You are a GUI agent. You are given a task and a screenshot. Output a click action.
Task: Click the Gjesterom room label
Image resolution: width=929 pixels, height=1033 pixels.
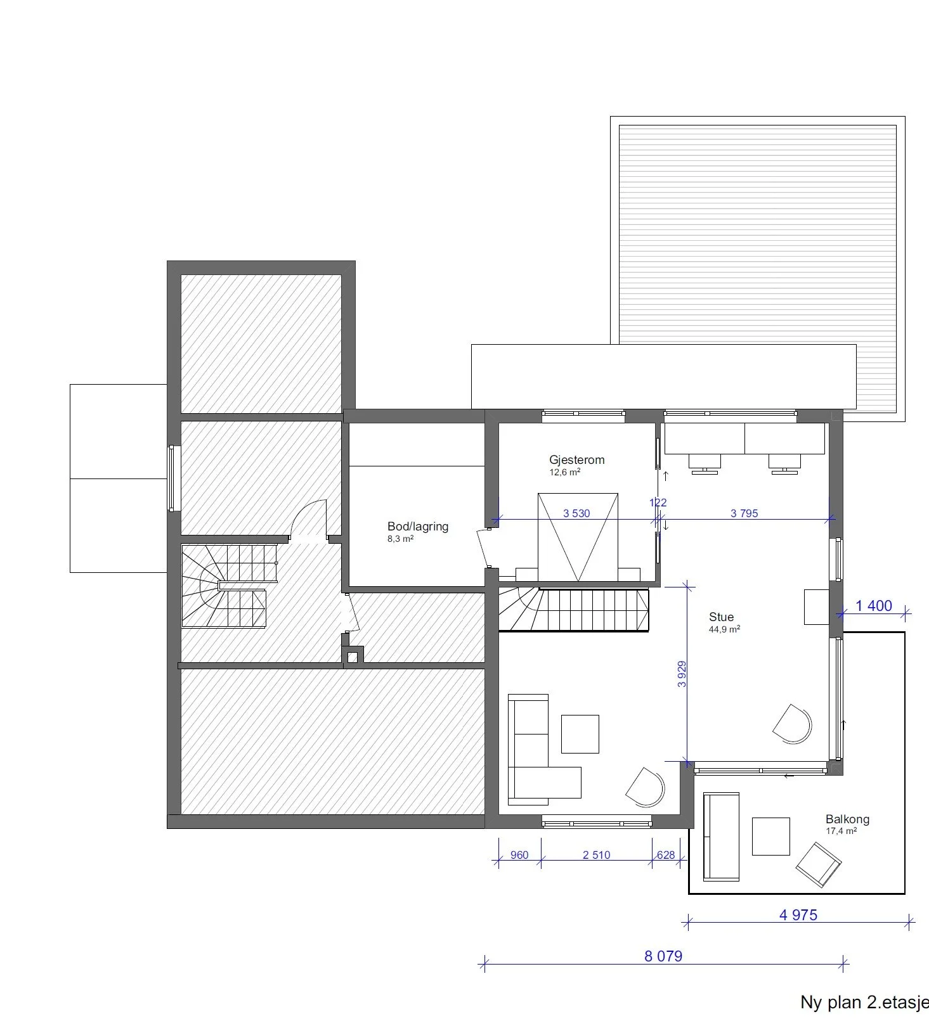576,459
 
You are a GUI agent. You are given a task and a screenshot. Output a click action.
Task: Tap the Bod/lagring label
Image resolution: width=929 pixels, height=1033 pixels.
418,526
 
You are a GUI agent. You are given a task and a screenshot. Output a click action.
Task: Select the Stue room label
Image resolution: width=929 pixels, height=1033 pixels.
721,617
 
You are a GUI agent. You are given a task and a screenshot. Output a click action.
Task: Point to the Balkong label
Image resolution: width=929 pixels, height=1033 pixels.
847,819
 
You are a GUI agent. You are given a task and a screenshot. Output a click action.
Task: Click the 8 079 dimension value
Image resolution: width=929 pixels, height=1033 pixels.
663,956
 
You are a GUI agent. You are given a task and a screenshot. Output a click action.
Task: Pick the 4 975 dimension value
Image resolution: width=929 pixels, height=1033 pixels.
798,914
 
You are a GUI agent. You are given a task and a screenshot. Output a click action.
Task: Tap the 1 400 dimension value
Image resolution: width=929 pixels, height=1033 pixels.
874,606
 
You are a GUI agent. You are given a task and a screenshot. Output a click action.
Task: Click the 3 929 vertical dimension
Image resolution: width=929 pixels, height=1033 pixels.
682,674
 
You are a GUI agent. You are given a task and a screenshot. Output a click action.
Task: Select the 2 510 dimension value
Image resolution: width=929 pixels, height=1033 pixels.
596,855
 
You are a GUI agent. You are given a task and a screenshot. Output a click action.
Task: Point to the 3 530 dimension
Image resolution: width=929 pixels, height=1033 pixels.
576,513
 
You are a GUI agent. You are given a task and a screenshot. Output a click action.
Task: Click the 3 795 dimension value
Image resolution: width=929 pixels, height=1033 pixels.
744,513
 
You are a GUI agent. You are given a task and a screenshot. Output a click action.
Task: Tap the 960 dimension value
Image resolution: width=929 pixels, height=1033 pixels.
519,855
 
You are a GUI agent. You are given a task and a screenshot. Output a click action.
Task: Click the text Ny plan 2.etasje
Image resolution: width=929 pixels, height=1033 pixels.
864,1003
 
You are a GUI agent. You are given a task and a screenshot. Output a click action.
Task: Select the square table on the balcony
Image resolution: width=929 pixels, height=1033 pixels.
770,837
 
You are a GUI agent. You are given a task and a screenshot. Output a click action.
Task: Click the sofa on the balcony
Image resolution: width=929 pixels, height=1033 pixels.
721,836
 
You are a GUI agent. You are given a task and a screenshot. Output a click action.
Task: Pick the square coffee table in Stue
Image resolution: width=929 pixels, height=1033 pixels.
580,734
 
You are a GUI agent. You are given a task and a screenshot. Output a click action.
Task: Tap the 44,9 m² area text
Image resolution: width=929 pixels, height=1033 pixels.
724,630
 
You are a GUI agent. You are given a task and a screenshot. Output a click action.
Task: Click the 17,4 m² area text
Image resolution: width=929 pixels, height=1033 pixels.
841,831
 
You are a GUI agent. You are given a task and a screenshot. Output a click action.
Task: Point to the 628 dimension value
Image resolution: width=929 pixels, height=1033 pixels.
666,855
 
